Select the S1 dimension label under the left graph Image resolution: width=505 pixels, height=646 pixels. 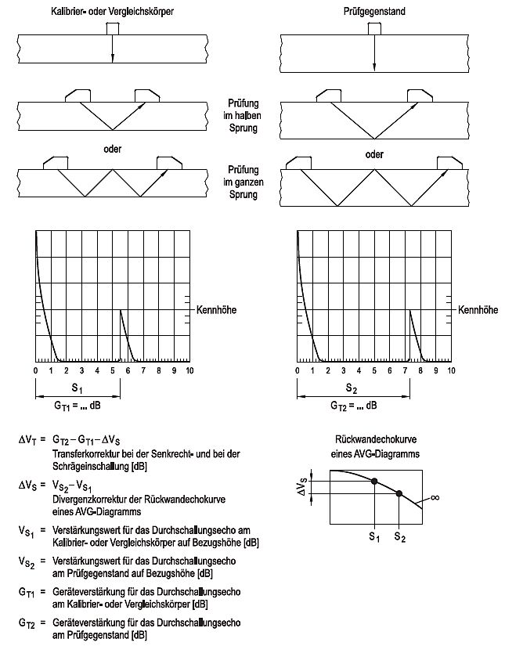click(x=77, y=388)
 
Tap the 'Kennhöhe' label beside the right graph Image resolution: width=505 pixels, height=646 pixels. click(x=477, y=310)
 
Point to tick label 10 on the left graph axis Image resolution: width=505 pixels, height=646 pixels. click(x=189, y=370)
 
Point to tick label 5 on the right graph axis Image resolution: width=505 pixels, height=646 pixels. click(x=373, y=370)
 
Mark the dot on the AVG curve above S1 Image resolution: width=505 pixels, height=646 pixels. click(x=374, y=481)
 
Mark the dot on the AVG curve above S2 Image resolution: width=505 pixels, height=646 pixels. click(x=399, y=493)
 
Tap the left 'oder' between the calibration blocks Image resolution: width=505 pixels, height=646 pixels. click(x=111, y=148)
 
